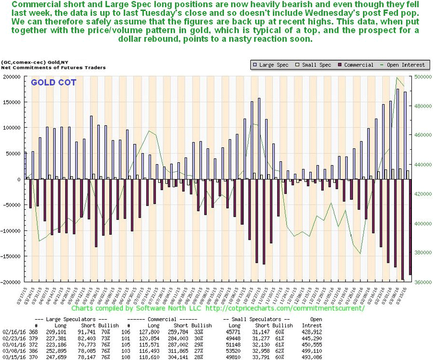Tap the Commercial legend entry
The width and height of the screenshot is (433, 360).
(x=357, y=65)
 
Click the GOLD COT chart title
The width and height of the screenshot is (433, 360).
(x=53, y=82)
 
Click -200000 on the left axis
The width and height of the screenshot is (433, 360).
(x=11, y=282)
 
